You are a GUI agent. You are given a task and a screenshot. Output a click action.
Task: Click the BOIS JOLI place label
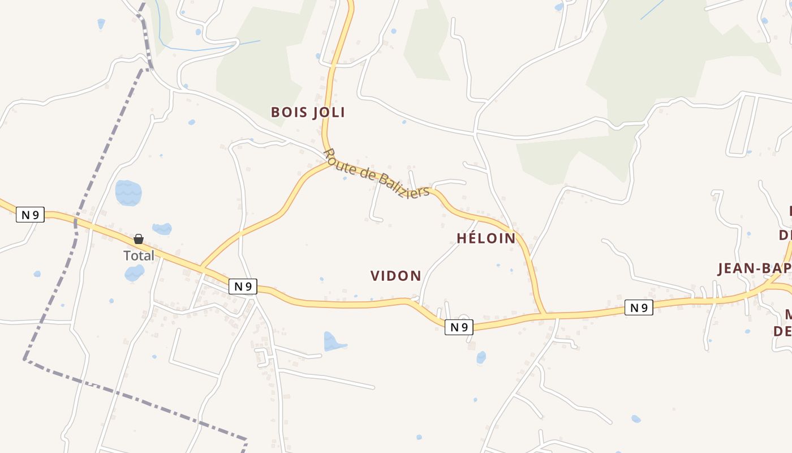pos(308,112)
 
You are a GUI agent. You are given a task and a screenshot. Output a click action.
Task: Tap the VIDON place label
pos(395,276)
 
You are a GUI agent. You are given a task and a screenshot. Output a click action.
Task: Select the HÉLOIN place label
pos(486,238)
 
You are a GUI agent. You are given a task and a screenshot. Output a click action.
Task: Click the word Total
pos(139,255)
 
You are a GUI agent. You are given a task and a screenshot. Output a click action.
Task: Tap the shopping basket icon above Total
pos(139,239)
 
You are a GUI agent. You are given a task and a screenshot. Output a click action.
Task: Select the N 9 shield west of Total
pos(30,215)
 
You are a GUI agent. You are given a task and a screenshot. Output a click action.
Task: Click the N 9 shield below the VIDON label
pos(458,327)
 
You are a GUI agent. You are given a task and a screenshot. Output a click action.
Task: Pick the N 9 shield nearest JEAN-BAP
pos(639,307)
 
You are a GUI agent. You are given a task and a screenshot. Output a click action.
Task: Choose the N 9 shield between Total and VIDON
pos(243,287)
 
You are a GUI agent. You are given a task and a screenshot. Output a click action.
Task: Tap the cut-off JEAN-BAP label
pos(754,268)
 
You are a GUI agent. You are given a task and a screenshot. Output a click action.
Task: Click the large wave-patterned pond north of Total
pos(128,193)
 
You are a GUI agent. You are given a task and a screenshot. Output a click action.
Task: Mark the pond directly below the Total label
pos(134,273)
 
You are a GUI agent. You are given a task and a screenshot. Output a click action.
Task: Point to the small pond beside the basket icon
pos(162,229)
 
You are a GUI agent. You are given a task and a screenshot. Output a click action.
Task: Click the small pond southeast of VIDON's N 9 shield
pos(481,357)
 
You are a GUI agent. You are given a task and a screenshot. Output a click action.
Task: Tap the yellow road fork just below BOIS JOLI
pos(326,160)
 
